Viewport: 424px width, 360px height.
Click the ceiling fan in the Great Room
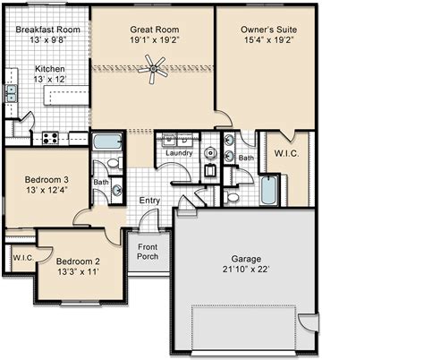tap(153, 69)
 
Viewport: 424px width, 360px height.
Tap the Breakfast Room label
tap(48, 30)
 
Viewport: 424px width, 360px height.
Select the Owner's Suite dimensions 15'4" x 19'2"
tap(269, 39)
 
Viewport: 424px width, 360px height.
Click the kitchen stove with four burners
tap(50, 138)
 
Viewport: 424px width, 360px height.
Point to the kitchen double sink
tap(12, 93)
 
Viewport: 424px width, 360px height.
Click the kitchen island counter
tap(66, 95)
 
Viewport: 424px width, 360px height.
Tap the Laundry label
tap(179, 153)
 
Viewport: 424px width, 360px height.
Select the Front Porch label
tap(148, 252)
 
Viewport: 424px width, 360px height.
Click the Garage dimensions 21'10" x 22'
tap(246, 270)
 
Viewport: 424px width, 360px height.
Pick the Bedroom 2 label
tap(78, 261)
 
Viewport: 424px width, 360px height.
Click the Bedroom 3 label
tap(47, 180)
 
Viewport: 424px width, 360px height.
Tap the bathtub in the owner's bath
tap(269, 190)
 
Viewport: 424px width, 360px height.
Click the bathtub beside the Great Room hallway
tap(107, 141)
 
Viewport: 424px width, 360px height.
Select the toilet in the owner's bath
tap(232, 197)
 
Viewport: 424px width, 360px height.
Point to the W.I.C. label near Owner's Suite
tap(286, 153)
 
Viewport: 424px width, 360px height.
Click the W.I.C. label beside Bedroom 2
tap(23, 258)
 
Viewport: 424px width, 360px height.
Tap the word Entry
tap(149, 201)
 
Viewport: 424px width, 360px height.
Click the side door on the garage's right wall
tap(309, 322)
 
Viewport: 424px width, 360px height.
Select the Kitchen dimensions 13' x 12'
tap(50, 79)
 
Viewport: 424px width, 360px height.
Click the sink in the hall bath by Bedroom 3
tap(117, 191)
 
